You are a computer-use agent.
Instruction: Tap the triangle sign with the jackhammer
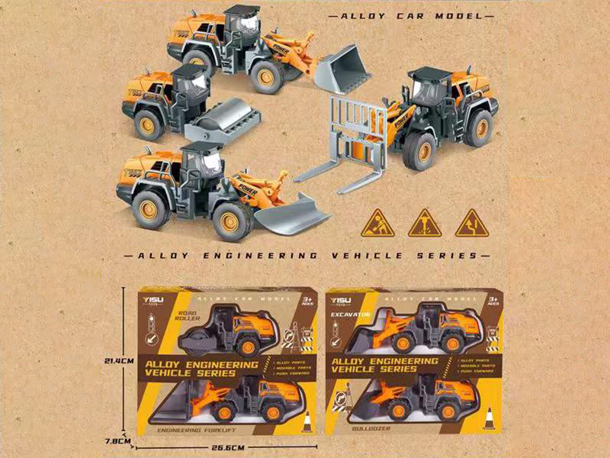424,223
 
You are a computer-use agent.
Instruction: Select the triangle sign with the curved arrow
470,223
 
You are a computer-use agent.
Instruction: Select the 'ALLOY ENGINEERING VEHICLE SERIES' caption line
305,254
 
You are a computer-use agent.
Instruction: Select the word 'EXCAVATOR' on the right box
350,314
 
